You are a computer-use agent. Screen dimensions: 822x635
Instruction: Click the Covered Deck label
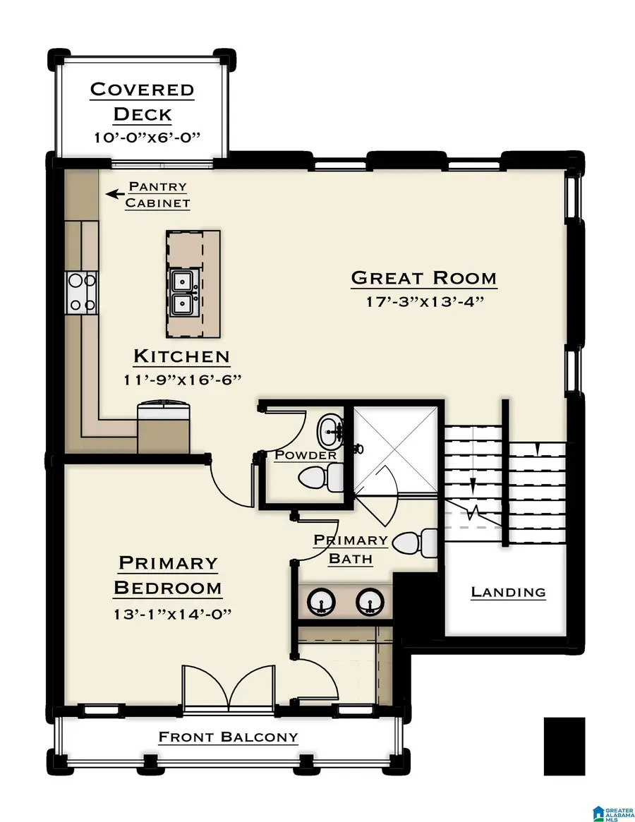pos(143,101)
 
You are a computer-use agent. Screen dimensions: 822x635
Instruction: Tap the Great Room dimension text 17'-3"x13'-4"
pos(423,303)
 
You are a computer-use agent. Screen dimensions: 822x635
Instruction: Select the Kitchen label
pos(182,356)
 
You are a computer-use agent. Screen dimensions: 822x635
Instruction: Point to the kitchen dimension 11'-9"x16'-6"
pos(182,380)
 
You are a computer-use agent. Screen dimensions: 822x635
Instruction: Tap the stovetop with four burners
pos(81,293)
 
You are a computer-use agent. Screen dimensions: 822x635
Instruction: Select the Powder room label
pos(306,455)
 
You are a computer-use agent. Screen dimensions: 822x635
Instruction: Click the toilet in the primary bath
pos(415,543)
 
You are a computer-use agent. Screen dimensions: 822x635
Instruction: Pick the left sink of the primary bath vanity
pos(319,601)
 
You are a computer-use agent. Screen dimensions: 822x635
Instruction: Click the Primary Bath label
pos(351,550)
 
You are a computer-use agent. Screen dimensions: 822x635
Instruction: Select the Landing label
pos(508,592)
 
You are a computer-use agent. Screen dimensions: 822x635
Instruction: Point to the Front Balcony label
pos(228,737)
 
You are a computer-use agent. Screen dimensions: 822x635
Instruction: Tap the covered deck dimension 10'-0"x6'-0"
pos(143,137)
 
